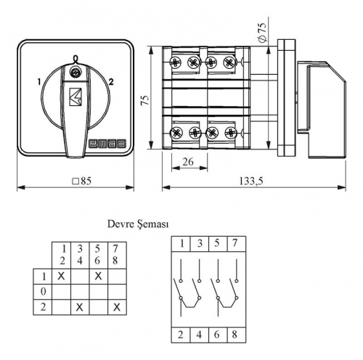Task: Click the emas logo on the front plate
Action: click(x=107, y=144)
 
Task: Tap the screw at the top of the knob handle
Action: click(x=73, y=71)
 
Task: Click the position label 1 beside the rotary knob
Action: click(x=39, y=82)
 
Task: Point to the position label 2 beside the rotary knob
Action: click(x=111, y=82)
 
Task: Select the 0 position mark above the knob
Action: click(x=76, y=58)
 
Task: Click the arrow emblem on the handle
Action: click(x=76, y=97)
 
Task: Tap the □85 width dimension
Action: click(x=82, y=181)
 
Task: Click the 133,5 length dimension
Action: click(x=251, y=181)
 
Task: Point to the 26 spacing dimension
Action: click(x=188, y=162)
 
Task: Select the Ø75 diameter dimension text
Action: click(x=263, y=32)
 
